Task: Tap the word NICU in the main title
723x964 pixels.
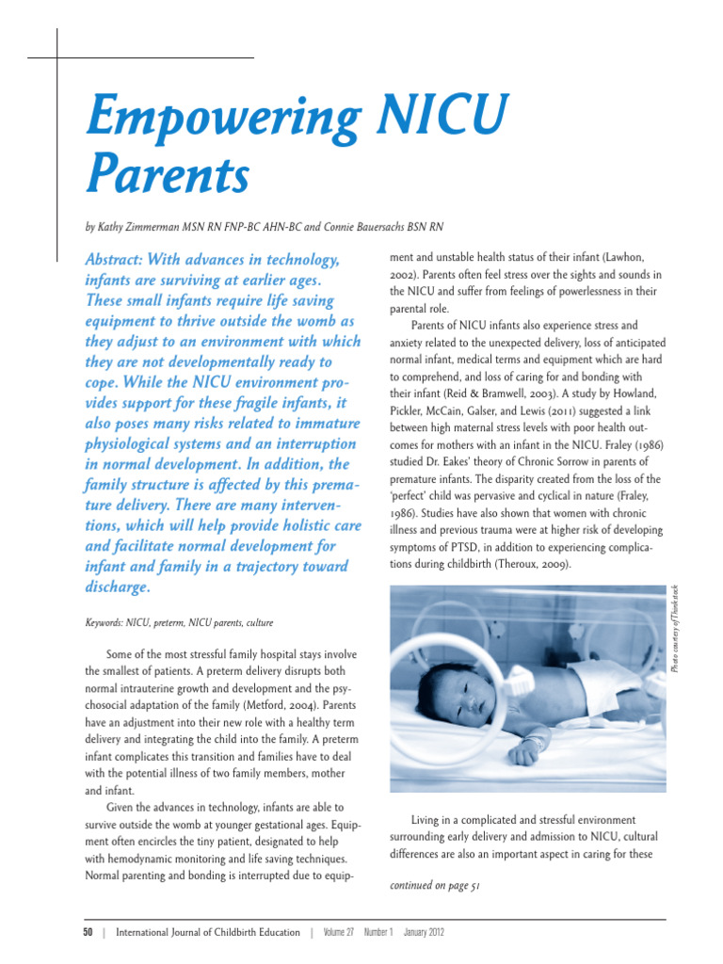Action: point(438,118)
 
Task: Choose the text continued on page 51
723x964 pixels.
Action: point(435,886)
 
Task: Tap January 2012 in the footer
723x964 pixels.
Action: point(424,933)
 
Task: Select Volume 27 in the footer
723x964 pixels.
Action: point(339,933)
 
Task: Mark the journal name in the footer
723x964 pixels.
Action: point(207,933)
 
